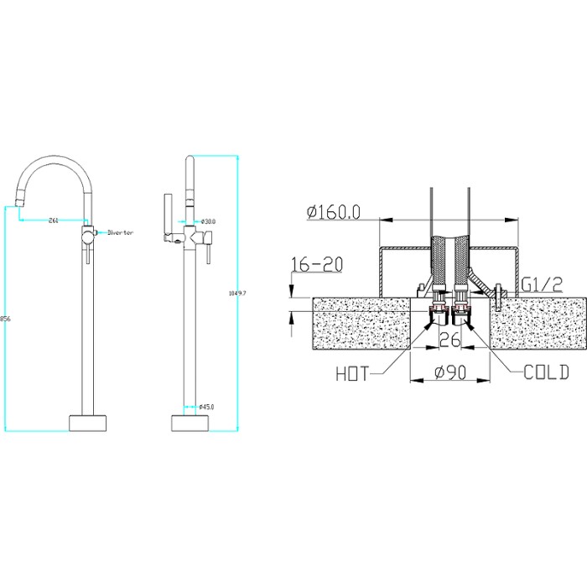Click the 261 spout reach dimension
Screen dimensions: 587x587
[53, 221]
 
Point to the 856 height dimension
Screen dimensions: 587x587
[5, 319]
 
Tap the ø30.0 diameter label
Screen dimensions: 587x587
[208, 221]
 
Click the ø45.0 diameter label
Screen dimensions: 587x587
[206, 408]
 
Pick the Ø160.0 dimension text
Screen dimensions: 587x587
[334, 212]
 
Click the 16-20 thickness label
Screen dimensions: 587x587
[317, 264]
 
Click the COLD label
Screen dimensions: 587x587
[546, 372]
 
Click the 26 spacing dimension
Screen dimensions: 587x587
[449, 340]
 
